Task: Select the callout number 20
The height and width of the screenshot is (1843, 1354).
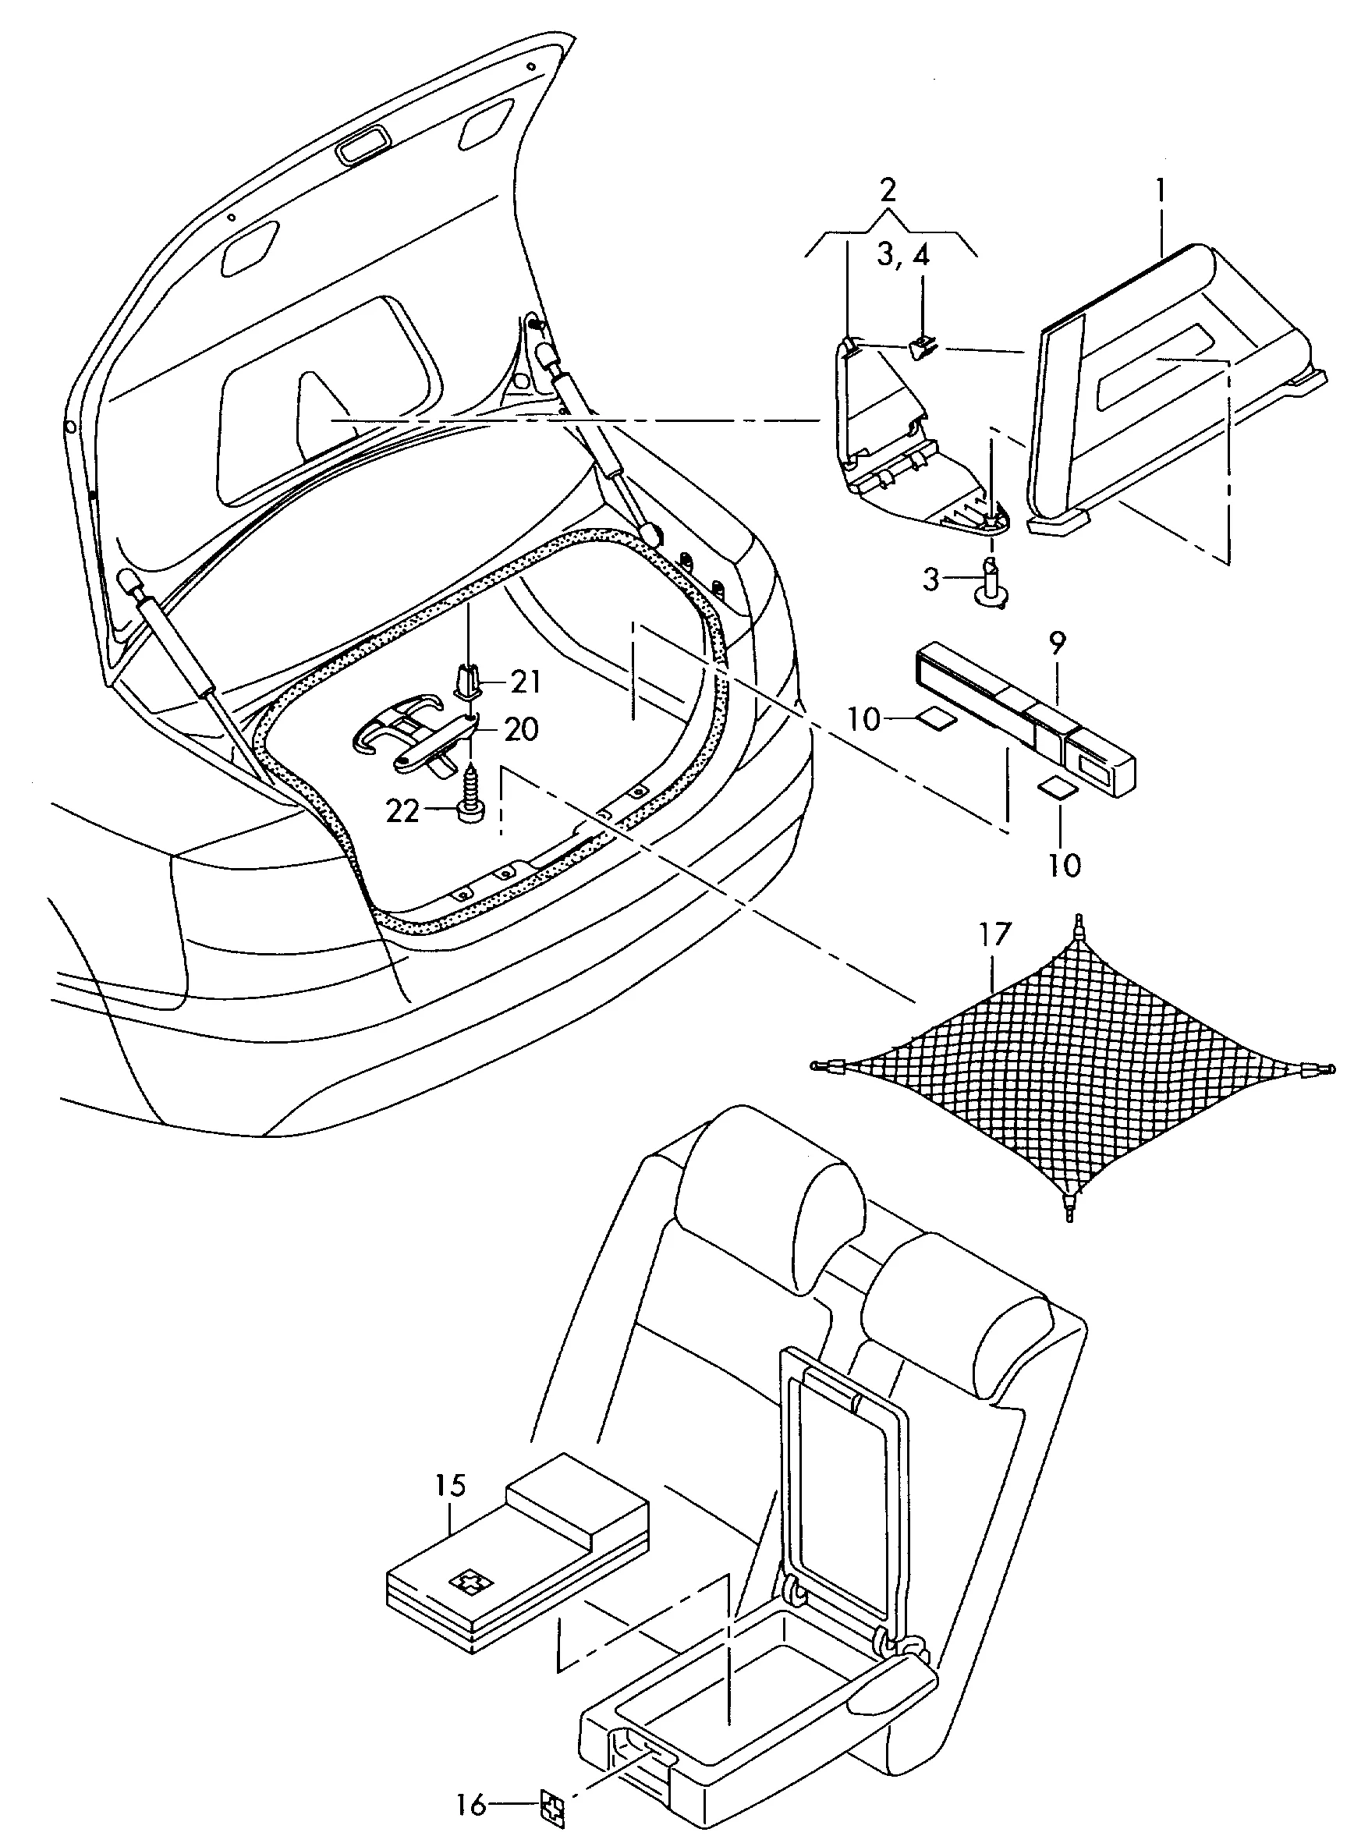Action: [521, 728]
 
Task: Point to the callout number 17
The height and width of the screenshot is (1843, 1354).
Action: [994, 935]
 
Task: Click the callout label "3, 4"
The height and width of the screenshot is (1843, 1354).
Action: [903, 256]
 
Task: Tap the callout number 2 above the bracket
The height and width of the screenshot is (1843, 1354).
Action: [888, 190]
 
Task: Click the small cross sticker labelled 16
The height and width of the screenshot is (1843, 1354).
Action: [554, 1805]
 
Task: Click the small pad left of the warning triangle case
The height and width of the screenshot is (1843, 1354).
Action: [934, 718]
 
